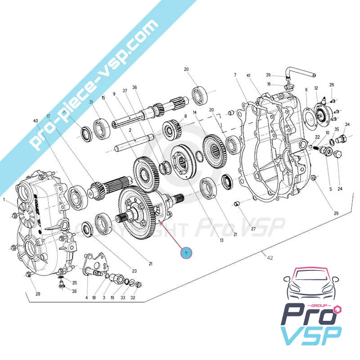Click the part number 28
coord(38,294)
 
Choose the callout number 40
coord(36,121)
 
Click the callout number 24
coord(340,189)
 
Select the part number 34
coord(347,124)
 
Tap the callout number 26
coord(332,85)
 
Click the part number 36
coord(134,87)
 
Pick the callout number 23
coord(134,271)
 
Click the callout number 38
coord(75,291)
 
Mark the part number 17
coord(48,116)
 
